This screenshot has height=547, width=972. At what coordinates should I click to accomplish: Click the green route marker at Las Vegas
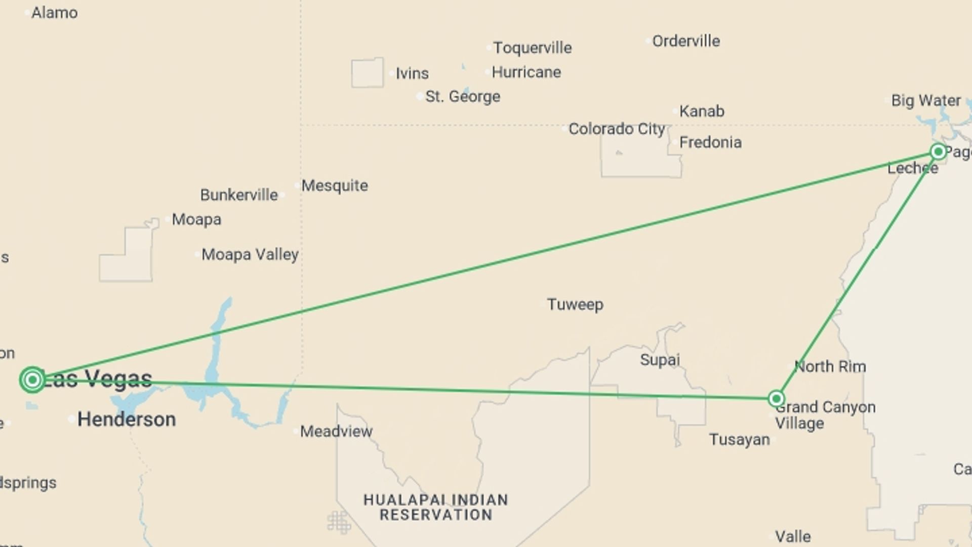tap(32, 379)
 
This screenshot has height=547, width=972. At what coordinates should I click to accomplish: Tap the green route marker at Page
tap(938, 151)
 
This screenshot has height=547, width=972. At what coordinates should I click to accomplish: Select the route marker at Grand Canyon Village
tap(776, 399)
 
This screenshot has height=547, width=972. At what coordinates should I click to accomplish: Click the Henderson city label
tap(127, 419)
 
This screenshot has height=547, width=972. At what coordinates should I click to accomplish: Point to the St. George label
tap(463, 96)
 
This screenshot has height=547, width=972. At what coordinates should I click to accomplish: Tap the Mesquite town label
tap(335, 185)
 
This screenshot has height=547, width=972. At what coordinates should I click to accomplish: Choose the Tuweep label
tap(575, 304)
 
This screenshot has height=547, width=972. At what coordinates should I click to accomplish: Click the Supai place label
tap(660, 360)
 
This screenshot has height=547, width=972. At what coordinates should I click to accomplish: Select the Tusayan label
tap(739, 439)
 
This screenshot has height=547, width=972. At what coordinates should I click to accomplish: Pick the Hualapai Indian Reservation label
tap(436, 507)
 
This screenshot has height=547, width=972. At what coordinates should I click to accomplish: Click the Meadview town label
tap(336, 432)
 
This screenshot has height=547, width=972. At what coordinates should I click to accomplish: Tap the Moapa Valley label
tap(250, 254)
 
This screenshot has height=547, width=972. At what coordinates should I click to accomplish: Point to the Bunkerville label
tap(239, 195)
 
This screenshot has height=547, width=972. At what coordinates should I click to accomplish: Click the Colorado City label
tap(617, 129)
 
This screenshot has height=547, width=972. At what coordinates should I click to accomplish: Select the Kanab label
tap(702, 111)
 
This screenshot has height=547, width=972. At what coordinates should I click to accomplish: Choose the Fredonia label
tap(710, 142)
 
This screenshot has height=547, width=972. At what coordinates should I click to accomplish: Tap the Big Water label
tap(926, 100)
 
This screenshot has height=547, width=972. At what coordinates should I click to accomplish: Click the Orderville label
tap(686, 41)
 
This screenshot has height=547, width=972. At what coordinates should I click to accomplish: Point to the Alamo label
tap(55, 13)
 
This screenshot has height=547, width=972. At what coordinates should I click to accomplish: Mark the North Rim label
tap(830, 366)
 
